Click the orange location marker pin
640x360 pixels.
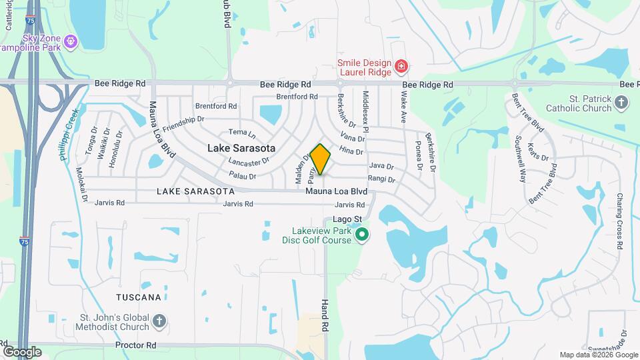point(320,159)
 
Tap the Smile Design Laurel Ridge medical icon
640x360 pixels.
point(401,65)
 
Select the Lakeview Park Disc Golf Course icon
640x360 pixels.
point(362,235)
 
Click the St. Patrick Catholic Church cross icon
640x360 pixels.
point(621,102)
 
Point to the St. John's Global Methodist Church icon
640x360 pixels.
point(159,321)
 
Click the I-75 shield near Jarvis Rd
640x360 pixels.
point(24,243)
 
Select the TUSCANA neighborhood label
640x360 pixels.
point(139,297)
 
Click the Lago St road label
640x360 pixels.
point(349,219)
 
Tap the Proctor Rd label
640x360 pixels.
point(135,345)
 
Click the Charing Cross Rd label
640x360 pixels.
point(619,221)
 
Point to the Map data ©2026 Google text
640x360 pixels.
point(598,355)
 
